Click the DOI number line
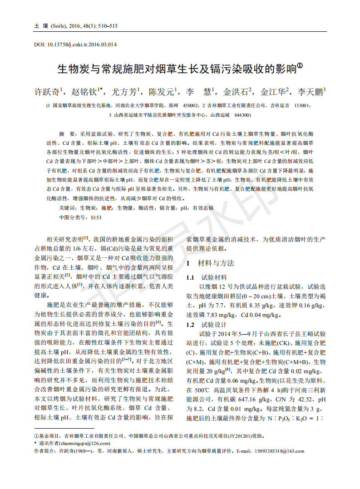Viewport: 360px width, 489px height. pos(75,44)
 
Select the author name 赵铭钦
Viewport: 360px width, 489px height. pos(85,92)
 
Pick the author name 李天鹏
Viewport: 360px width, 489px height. pos(311,92)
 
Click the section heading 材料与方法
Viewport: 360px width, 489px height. pos(216,263)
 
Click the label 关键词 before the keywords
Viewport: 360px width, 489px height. pos(68,208)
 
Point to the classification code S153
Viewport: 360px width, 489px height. pos(96,217)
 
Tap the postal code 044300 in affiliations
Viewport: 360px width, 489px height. pos(242,115)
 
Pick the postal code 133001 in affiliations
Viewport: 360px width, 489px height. pos(302,105)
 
